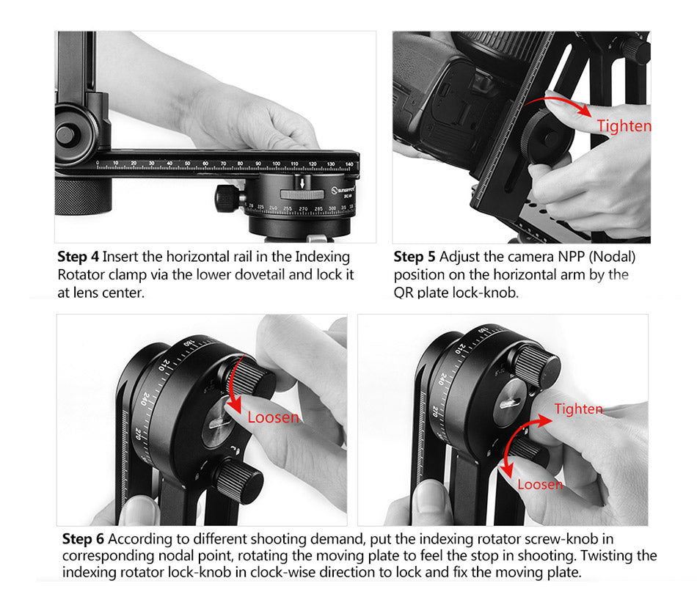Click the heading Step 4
tap(78, 257)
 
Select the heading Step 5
tap(415, 257)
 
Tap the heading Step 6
tap(83, 539)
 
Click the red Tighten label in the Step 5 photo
tap(624, 125)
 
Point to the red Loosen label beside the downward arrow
tap(273, 417)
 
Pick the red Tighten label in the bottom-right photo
tap(578, 409)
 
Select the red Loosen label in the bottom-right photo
tap(540, 484)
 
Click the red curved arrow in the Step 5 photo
tap(561, 100)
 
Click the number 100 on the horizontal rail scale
tap(276, 164)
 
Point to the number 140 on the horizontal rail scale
tap(349, 164)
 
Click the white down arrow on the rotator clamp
tap(302, 183)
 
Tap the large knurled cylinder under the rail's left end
tap(83, 196)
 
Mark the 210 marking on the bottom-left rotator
tap(164, 365)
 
